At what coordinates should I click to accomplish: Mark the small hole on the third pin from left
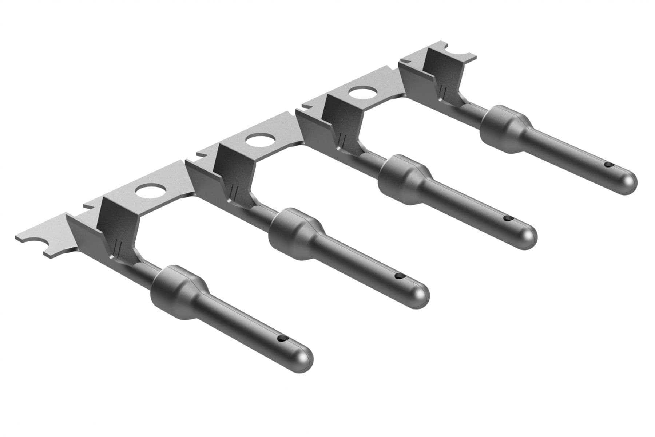[x=507, y=219]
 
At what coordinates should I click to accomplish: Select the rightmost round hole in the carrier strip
[x=362, y=94]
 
